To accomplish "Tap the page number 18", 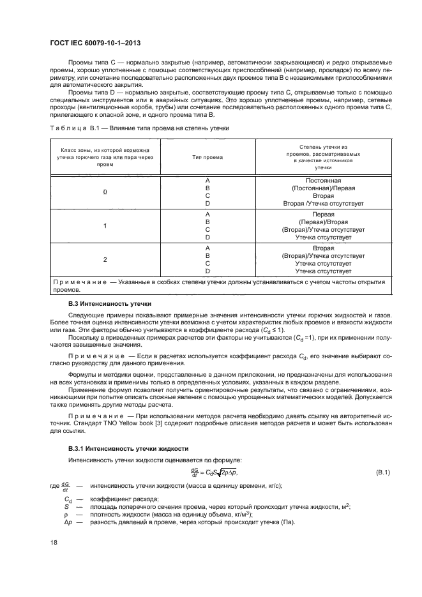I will tap(54, 541).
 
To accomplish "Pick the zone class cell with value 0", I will tap(105, 192).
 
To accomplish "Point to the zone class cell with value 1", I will tap(105, 225).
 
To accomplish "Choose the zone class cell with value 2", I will tap(105, 259).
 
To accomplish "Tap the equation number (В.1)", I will tap(383, 472).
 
